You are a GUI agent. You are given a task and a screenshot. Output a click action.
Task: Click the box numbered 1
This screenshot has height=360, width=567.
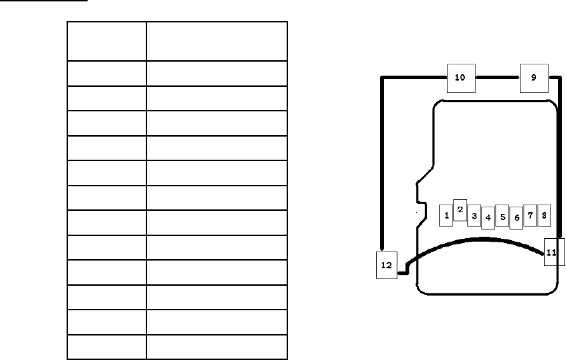click(x=446, y=215)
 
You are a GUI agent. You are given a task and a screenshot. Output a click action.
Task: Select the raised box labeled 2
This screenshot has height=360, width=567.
click(x=460, y=209)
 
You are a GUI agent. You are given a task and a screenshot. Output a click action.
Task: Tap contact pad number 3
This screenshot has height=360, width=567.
click(x=474, y=216)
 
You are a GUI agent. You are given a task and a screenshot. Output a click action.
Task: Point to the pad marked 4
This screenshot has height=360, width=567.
click(x=488, y=218)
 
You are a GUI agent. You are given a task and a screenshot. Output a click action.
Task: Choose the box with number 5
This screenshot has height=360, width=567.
click(x=502, y=216)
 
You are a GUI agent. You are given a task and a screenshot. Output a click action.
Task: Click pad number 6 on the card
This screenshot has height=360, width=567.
click(x=516, y=218)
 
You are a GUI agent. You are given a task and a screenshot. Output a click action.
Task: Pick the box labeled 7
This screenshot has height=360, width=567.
click(x=530, y=215)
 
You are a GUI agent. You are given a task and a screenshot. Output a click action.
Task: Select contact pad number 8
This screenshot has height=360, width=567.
click(x=544, y=215)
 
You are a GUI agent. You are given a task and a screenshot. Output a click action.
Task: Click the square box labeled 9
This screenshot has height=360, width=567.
click(x=533, y=78)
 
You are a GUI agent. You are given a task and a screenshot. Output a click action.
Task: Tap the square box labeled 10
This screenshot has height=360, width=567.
click(x=460, y=78)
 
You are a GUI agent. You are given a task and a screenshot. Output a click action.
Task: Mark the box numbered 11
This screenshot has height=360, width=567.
click(x=552, y=252)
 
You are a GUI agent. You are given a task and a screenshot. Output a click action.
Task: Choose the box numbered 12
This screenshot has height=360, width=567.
click(x=386, y=265)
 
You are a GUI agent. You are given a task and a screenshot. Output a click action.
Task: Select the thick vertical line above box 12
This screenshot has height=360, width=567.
click(x=383, y=161)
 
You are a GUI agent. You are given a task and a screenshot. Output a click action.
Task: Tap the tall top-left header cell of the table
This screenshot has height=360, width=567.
click(x=107, y=41)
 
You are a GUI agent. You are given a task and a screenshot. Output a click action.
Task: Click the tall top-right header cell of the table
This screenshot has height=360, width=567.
click(x=217, y=41)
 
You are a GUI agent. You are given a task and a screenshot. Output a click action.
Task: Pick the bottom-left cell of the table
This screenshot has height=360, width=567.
click(x=107, y=347)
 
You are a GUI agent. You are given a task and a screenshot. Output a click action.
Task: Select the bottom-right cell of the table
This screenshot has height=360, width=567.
click(x=217, y=347)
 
